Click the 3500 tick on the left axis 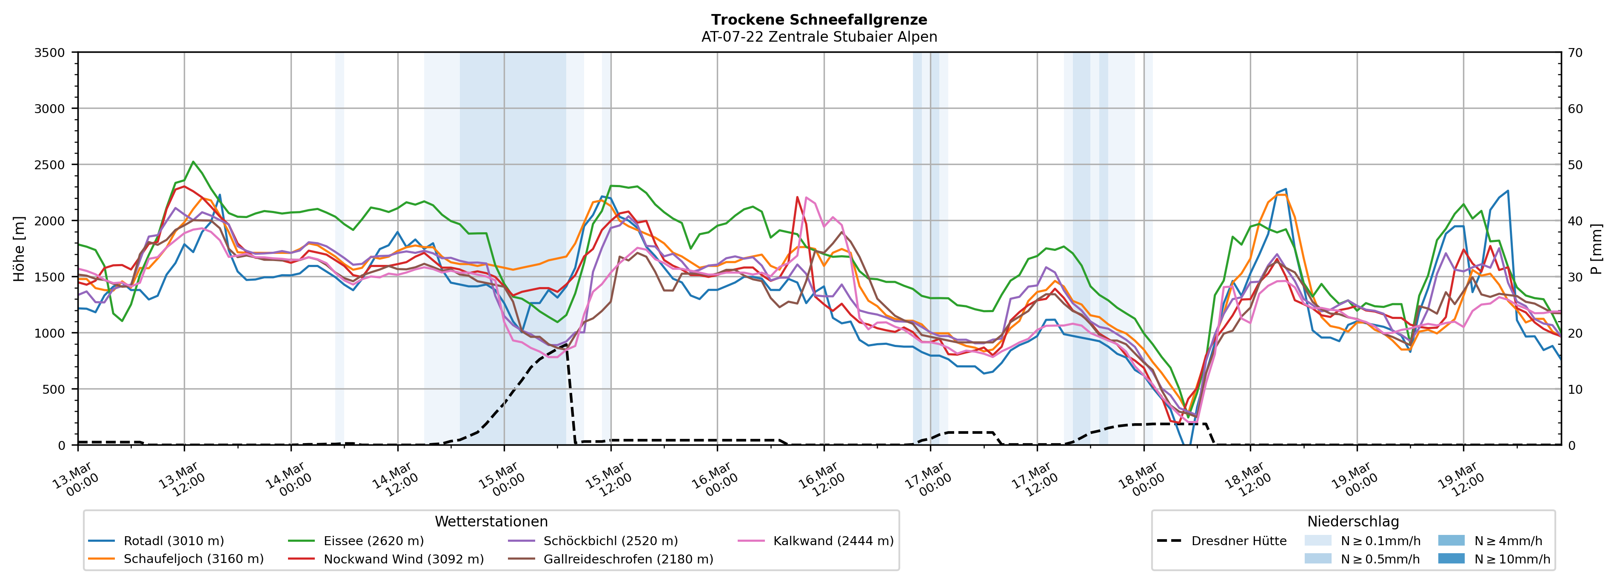tap(50, 53)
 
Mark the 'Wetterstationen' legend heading tap(491, 521)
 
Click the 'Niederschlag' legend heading tap(1353, 521)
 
